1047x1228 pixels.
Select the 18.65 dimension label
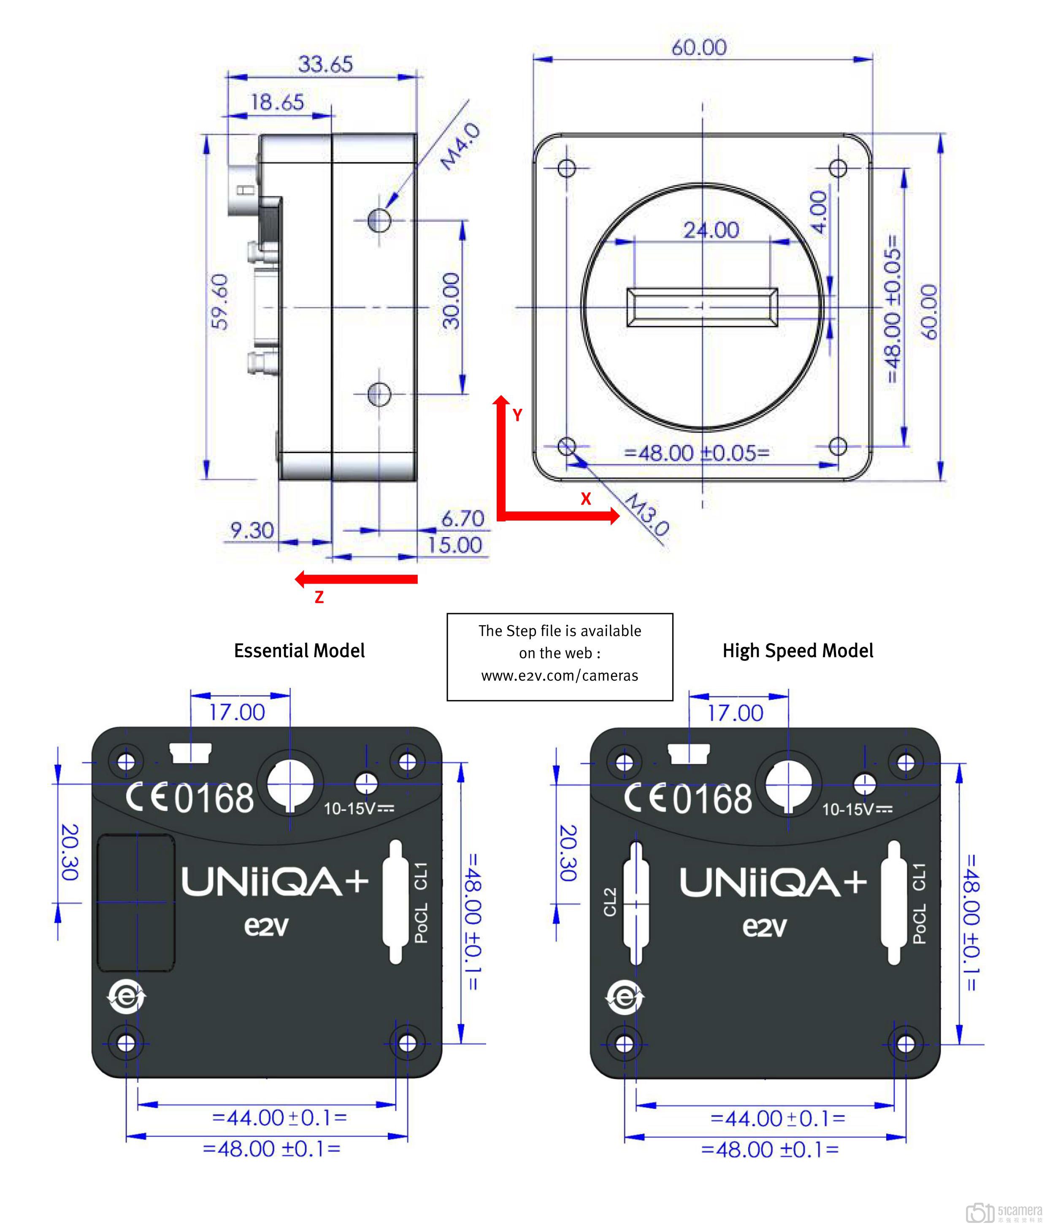pyautogui.click(x=276, y=102)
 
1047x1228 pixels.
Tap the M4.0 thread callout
pyautogui.click(x=460, y=147)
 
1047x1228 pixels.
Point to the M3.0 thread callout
pyautogui.click(x=647, y=514)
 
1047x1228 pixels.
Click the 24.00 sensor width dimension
pyautogui.click(x=711, y=230)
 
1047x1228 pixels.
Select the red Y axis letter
pyautogui.click(x=517, y=415)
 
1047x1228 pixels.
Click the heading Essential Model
pyautogui.click(x=299, y=651)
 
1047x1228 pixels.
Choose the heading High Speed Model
pyautogui.click(x=797, y=651)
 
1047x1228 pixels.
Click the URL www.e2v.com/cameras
pyautogui.click(x=559, y=676)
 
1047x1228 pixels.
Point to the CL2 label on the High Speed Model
pyautogui.click(x=610, y=902)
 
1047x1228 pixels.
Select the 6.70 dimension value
pyautogui.click(x=463, y=519)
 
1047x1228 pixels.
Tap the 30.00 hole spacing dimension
pyautogui.click(x=451, y=301)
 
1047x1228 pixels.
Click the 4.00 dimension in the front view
pyautogui.click(x=818, y=212)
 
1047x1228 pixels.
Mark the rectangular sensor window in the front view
pyautogui.click(x=702, y=307)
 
